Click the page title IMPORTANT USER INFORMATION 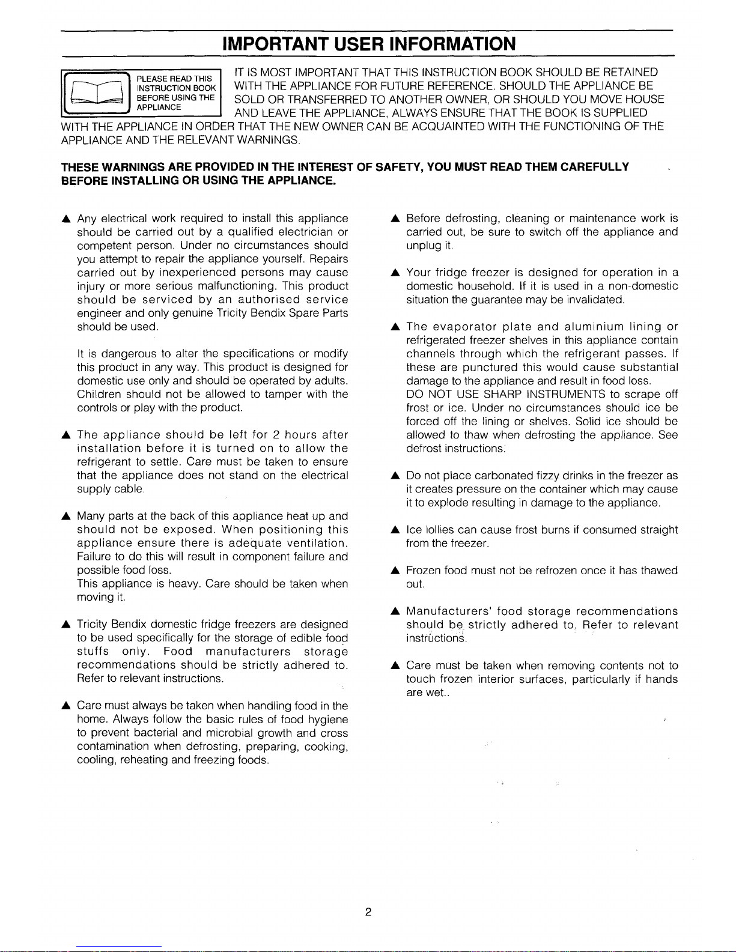[x=368, y=44]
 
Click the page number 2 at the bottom [x=368, y=912]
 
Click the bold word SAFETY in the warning [x=399, y=166]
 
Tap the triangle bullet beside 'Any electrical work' [x=65, y=219]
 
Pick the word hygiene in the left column [x=327, y=720]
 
